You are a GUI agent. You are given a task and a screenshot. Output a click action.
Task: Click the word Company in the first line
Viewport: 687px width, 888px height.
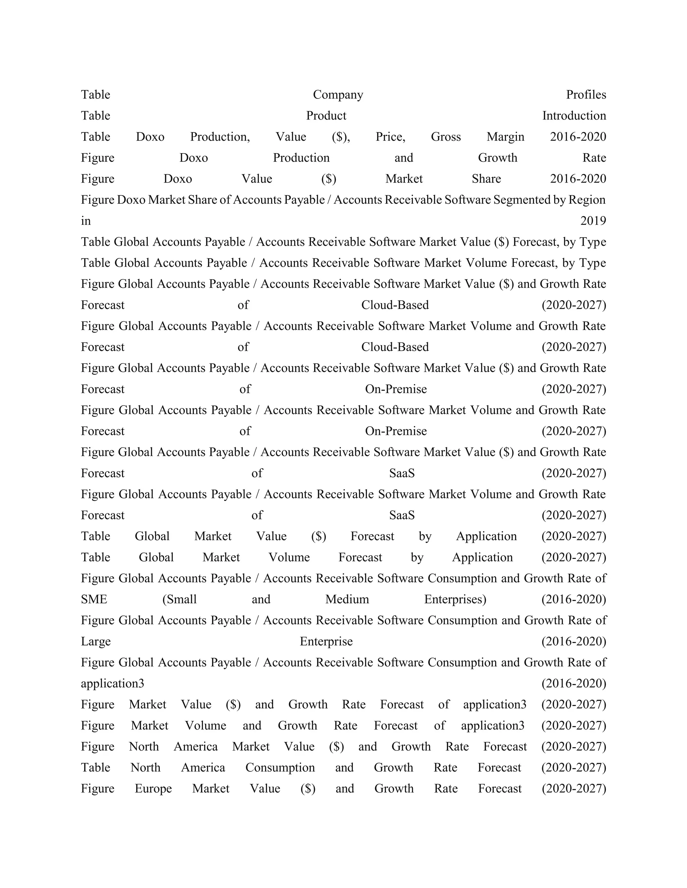(x=338, y=95)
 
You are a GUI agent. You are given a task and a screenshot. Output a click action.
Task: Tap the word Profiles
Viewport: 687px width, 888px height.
(x=586, y=95)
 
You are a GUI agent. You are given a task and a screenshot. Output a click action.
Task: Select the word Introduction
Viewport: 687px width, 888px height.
(x=574, y=116)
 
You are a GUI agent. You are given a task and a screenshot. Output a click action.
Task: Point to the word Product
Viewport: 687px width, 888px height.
(x=326, y=116)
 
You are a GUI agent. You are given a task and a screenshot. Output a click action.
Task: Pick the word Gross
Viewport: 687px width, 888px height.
(x=446, y=137)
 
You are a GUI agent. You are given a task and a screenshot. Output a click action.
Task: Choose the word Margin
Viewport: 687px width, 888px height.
(x=505, y=137)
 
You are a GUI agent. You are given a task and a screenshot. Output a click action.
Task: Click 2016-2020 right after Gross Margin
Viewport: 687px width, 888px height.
(x=578, y=137)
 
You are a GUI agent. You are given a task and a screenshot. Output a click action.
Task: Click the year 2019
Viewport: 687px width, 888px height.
(x=593, y=221)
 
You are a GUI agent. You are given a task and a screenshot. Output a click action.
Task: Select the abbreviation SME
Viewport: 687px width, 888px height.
(x=94, y=599)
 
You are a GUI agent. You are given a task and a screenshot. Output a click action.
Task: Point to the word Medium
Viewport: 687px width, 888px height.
(x=347, y=599)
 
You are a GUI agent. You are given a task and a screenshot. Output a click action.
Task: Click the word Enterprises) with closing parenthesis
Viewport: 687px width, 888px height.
(x=455, y=599)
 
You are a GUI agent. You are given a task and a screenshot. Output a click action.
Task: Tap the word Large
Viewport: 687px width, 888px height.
(x=96, y=642)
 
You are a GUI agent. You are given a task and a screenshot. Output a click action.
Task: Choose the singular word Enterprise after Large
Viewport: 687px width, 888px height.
(x=326, y=642)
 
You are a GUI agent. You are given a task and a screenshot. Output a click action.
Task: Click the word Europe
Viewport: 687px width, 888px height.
(x=153, y=789)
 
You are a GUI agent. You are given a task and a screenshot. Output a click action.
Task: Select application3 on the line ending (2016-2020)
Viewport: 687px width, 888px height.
(x=112, y=684)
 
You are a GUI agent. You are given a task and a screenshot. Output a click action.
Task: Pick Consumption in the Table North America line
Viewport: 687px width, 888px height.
(x=280, y=768)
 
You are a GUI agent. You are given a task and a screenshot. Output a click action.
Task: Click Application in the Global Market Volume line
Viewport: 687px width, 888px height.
(x=482, y=558)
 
